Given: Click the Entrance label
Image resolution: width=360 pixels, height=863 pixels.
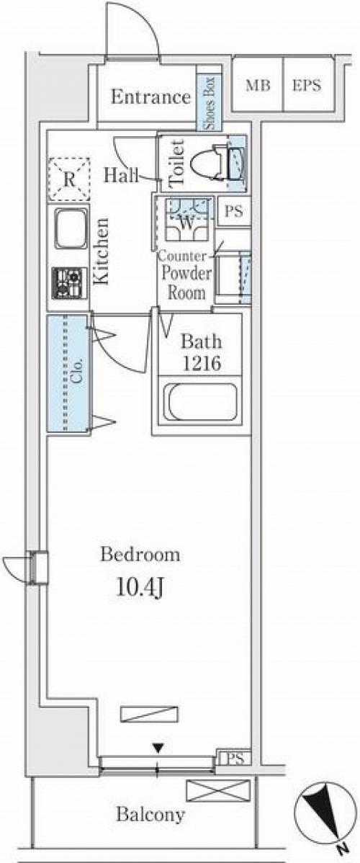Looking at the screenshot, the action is pos(150,97).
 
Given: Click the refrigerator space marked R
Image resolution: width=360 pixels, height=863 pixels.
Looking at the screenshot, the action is pos(69,179).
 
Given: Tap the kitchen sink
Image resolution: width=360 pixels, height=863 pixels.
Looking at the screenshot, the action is pos(71,228).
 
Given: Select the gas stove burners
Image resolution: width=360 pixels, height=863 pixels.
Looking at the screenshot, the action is pos(70,283).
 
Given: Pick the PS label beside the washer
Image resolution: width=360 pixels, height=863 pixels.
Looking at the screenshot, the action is pos(234,212).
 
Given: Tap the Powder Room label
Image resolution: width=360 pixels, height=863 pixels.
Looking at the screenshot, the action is pos(186,283).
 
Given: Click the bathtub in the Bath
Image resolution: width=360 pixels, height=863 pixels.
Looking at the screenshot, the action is pos(202,401).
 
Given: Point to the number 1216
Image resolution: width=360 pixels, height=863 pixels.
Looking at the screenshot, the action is pos(202,363).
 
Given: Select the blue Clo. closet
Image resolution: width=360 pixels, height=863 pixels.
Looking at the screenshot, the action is pos(68,373).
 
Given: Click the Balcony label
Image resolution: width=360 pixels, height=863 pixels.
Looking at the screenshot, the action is pos(150,814).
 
